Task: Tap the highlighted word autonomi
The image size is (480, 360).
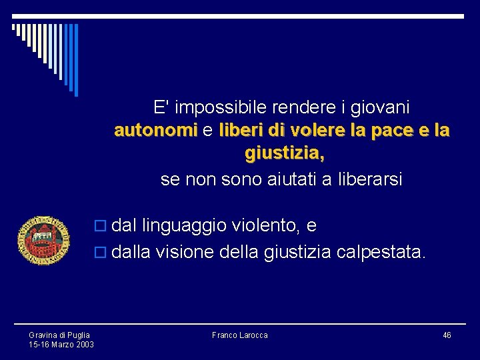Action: click(x=156, y=131)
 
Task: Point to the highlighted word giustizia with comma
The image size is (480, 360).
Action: click(x=285, y=155)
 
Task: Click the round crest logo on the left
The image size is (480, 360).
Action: click(x=43, y=240)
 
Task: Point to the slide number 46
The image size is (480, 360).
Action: click(x=447, y=335)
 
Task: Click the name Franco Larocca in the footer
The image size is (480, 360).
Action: click(x=239, y=335)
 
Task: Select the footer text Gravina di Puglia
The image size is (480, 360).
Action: click(x=59, y=335)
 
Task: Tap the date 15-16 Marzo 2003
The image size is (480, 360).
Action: click(x=61, y=344)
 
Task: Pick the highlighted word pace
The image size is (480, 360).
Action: click(x=386, y=131)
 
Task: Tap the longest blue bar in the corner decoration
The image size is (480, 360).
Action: click(x=75, y=60)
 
